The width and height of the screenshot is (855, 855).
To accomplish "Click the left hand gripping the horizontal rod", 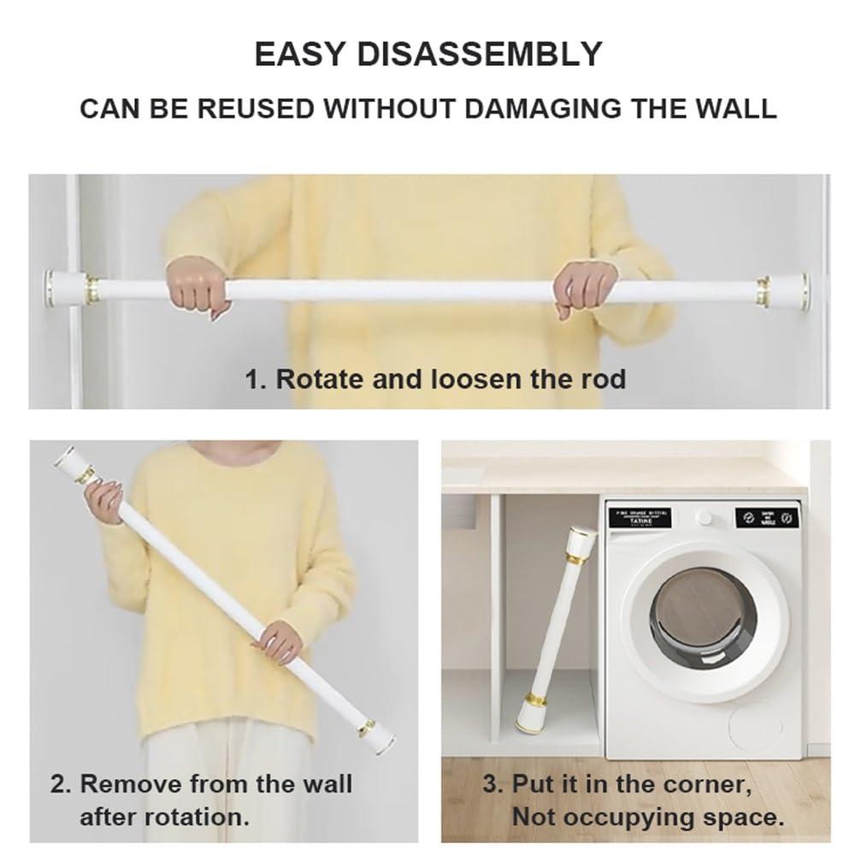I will (x=198, y=286).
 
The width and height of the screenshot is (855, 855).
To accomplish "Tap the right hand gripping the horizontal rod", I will (x=583, y=287).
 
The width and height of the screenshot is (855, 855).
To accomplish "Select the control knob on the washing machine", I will (x=705, y=518).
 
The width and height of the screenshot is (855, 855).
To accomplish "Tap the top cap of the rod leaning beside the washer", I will (x=581, y=539).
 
